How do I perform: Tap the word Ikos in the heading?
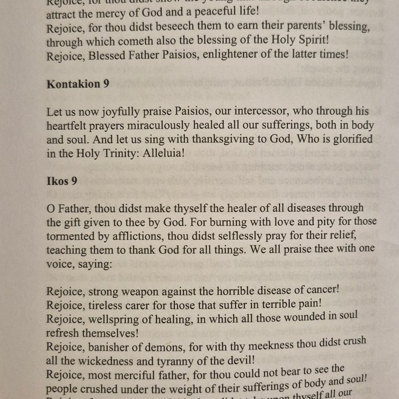[57, 181]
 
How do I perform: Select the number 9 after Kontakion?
[106, 84]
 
